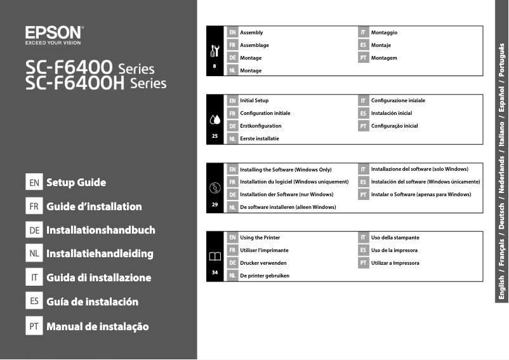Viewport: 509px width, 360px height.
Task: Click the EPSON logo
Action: pos(53,32)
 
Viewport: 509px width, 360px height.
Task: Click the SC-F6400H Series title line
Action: pos(96,83)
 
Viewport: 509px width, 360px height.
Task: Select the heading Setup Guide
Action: pos(76,183)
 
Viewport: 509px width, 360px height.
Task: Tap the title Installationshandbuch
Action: pos(100,230)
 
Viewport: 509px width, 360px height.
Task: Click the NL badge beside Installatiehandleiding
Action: pos(34,254)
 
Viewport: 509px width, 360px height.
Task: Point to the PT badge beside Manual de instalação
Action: pos(34,326)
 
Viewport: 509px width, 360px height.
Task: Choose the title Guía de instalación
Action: pos(92,302)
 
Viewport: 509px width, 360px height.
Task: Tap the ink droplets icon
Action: pos(214,119)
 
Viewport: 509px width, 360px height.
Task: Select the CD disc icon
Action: pos(214,187)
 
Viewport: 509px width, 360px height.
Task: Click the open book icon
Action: pos(214,256)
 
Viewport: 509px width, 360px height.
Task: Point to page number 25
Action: pos(215,136)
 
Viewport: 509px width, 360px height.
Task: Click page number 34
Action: pos(215,272)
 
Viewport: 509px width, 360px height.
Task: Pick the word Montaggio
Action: pos(384,32)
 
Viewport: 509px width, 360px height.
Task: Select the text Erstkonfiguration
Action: pos(260,126)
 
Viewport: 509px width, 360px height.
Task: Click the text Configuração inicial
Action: pos(394,126)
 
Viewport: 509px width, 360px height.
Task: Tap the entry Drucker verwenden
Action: pos(263,263)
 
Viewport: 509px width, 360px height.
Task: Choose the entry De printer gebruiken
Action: pos(265,276)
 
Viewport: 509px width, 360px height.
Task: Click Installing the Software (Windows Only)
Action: pos(286,170)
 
